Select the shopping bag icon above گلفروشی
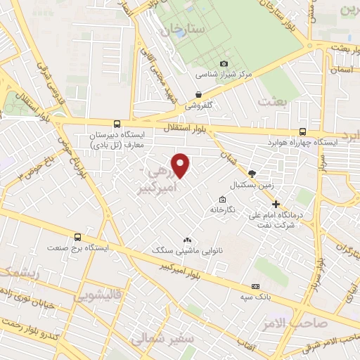[200, 94]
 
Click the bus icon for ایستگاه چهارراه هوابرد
[302, 131]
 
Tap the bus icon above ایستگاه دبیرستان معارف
[117, 124]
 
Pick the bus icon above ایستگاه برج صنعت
[77, 237]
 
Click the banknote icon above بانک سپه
[255, 285]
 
